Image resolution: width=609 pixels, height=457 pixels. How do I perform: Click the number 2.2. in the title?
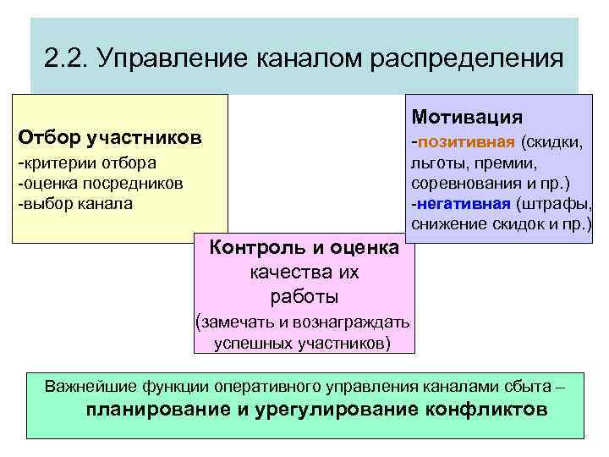point(67,58)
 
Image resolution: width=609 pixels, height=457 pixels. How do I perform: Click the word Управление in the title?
point(165,58)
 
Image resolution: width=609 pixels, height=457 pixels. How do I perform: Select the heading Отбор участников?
point(110,137)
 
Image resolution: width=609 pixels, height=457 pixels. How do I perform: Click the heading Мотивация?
point(467,117)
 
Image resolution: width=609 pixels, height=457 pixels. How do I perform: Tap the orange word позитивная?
point(466,140)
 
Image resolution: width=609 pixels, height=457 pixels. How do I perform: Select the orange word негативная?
point(464,204)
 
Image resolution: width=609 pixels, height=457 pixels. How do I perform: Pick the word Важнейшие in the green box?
point(91,388)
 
